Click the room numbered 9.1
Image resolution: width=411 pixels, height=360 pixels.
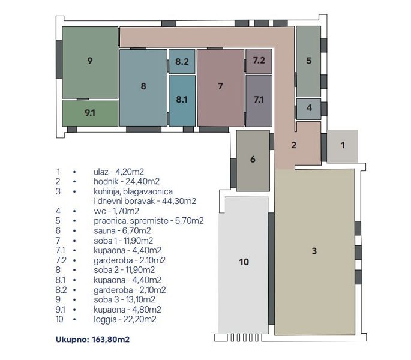[90, 113]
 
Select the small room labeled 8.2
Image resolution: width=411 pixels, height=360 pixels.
[182, 61]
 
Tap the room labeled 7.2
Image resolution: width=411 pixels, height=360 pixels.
[259, 61]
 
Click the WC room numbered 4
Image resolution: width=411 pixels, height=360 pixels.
[309, 109]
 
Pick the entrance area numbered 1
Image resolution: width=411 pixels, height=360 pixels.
[343, 146]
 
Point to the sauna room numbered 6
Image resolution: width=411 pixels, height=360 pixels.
[253, 160]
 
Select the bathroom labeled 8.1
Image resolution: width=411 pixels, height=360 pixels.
[182, 101]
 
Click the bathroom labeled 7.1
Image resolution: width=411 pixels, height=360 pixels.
[259, 101]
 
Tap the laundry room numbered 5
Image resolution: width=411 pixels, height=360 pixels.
[308, 61]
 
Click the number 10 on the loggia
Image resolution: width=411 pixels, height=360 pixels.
[244, 262]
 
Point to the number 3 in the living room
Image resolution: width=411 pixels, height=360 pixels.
[314, 251]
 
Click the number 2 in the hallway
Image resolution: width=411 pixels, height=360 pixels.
[293, 145]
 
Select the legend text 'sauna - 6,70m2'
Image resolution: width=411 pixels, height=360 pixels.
[122, 231]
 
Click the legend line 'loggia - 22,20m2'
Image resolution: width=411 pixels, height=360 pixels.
[125, 319]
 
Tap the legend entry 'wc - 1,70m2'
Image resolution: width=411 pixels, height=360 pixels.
[116, 211]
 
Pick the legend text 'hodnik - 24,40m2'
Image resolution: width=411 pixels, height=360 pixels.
[127, 181]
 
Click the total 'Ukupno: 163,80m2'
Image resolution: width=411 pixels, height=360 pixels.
[92, 340]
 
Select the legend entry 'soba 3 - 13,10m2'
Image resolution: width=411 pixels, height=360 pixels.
[125, 299]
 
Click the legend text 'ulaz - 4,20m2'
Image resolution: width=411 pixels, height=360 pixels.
[119, 172]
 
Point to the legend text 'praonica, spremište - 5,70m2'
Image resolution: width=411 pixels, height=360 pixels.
[149, 221]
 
